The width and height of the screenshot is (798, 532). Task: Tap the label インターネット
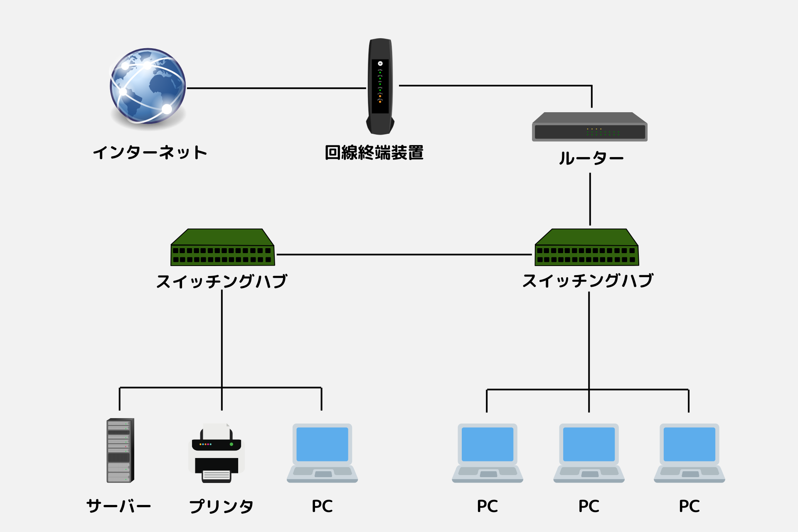150,153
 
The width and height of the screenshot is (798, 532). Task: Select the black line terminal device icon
380,86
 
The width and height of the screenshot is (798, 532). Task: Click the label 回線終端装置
374,153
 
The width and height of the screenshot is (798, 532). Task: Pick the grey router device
589,127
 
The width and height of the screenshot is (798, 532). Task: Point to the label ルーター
591,158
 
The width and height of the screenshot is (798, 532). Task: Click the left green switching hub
222,248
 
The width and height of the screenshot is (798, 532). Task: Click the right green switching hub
586,248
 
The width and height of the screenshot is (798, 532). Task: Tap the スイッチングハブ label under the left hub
222,281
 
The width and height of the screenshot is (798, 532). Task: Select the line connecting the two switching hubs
403,254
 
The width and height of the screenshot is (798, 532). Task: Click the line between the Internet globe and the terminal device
276,88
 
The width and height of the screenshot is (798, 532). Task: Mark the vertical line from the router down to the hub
590,199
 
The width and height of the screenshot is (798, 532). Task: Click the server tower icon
120,451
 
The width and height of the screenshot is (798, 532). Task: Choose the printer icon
217,454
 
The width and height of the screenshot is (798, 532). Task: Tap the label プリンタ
221,506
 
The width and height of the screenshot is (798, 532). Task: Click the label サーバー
118,506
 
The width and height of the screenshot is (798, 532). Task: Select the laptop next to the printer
322,453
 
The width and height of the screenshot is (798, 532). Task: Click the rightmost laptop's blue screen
689,444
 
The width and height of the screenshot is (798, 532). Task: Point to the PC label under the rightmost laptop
689,506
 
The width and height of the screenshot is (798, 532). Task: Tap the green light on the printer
232,444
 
